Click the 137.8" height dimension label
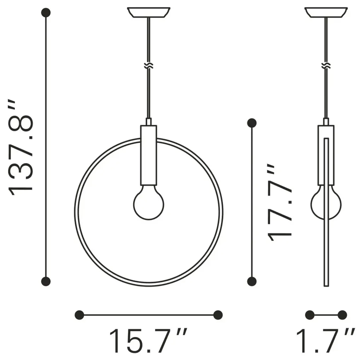21,148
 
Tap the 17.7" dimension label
279,203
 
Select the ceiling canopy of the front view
149,12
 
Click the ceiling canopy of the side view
326,12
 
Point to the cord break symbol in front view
149,66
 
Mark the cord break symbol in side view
326,66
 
